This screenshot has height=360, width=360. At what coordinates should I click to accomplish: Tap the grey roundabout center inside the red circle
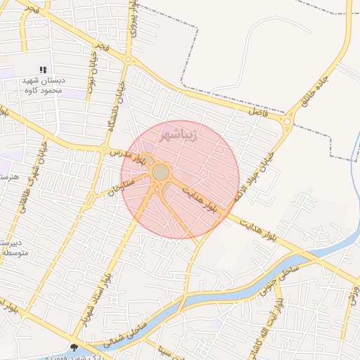(161, 172)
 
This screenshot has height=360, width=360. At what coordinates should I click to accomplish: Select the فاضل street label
(258, 111)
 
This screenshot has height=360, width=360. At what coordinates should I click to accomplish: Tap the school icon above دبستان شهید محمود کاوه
(43, 70)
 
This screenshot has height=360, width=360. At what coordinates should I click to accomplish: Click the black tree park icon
(75, 347)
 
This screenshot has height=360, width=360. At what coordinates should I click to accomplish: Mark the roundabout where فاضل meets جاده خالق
(288, 123)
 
